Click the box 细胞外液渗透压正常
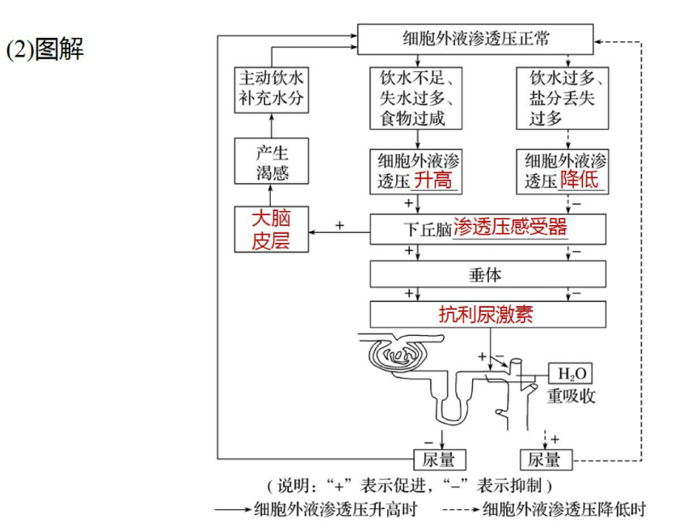pos(477,37)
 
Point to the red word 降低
pos(580,180)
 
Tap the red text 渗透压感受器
pos(510,227)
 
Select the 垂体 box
pos(487,274)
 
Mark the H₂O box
pos(571,374)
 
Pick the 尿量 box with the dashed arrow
pos(545,459)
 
